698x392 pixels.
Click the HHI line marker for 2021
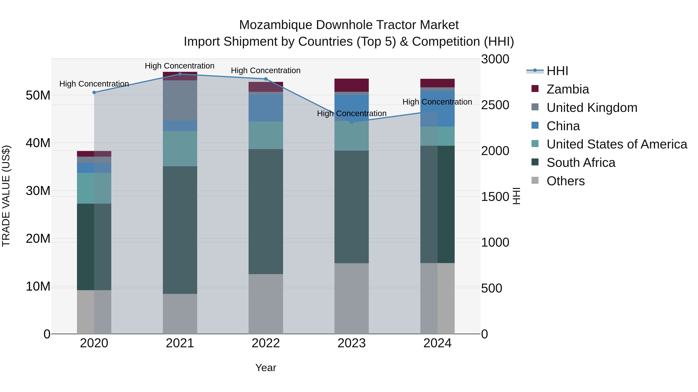[x=180, y=74]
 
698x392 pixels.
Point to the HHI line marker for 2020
[x=94, y=93]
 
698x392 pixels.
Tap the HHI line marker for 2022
[x=266, y=79]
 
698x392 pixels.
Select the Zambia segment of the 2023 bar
[x=352, y=85]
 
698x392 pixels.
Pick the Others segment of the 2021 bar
[x=180, y=314]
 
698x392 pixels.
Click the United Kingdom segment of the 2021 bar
[x=180, y=100]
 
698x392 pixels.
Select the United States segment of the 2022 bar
[x=266, y=135]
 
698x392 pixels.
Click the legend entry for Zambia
[x=567, y=89]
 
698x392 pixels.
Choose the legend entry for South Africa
[x=581, y=163]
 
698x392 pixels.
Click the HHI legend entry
[x=557, y=71]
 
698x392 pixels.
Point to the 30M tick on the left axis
[x=38, y=191]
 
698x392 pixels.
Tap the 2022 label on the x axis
[x=266, y=343]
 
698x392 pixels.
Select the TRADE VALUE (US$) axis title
[x=6, y=196]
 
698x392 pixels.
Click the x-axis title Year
[x=266, y=368]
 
